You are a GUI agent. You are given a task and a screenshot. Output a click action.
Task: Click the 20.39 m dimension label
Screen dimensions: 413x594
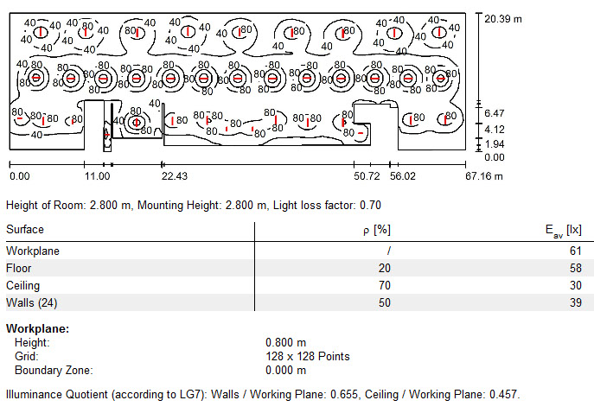pos(504,17)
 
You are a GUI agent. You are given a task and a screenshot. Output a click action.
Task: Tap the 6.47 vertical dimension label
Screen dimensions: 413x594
pos(495,113)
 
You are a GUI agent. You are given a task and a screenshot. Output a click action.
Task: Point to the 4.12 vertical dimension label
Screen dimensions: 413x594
pos(495,129)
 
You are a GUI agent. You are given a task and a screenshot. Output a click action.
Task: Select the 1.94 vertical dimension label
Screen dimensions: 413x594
pos(495,143)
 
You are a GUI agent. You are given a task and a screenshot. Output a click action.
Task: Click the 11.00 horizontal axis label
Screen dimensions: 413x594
pos(97,176)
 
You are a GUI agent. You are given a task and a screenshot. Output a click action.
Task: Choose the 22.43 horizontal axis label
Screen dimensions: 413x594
pos(175,176)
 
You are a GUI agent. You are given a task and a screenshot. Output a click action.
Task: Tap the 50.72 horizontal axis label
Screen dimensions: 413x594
pos(367,176)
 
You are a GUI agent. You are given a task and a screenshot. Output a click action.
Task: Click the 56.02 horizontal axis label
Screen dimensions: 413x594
pos(402,176)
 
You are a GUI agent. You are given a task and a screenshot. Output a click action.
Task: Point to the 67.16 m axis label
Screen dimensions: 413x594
pos(483,176)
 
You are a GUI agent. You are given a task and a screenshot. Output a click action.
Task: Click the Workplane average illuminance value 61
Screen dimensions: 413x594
pos(576,251)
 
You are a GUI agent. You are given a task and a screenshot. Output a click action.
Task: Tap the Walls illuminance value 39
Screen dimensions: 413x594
pos(576,302)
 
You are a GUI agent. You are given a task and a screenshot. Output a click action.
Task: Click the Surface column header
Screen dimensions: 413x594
pos(25,230)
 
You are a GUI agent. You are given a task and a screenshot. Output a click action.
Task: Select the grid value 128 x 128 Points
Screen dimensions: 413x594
pos(307,356)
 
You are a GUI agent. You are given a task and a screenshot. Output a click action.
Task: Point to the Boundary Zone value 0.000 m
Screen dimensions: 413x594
pos(286,371)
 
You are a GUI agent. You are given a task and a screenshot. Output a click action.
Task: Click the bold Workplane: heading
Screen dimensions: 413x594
pos(37,329)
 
